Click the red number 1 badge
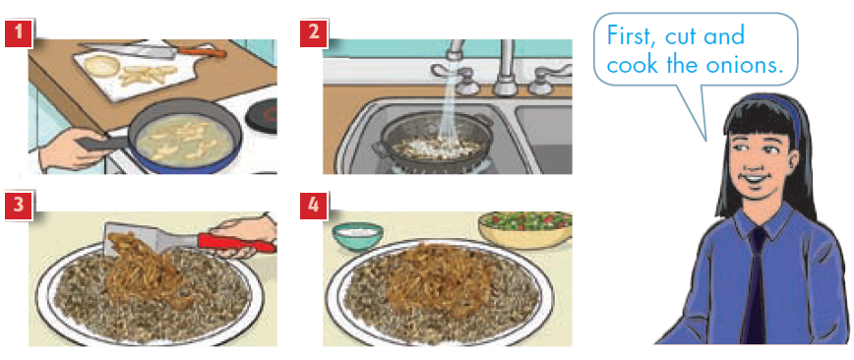click(x=19, y=33)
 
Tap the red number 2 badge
click(x=313, y=33)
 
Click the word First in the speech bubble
click(x=634, y=36)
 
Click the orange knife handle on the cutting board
click(x=202, y=53)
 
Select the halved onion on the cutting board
click(x=102, y=65)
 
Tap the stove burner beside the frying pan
click(x=262, y=116)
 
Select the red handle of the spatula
click(x=236, y=243)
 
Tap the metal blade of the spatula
click(x=131, y=237)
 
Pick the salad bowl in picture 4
click(x=525, y=230)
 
